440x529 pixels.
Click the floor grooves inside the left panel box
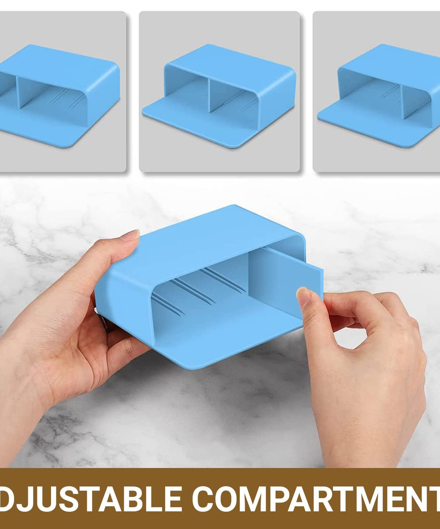63,99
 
